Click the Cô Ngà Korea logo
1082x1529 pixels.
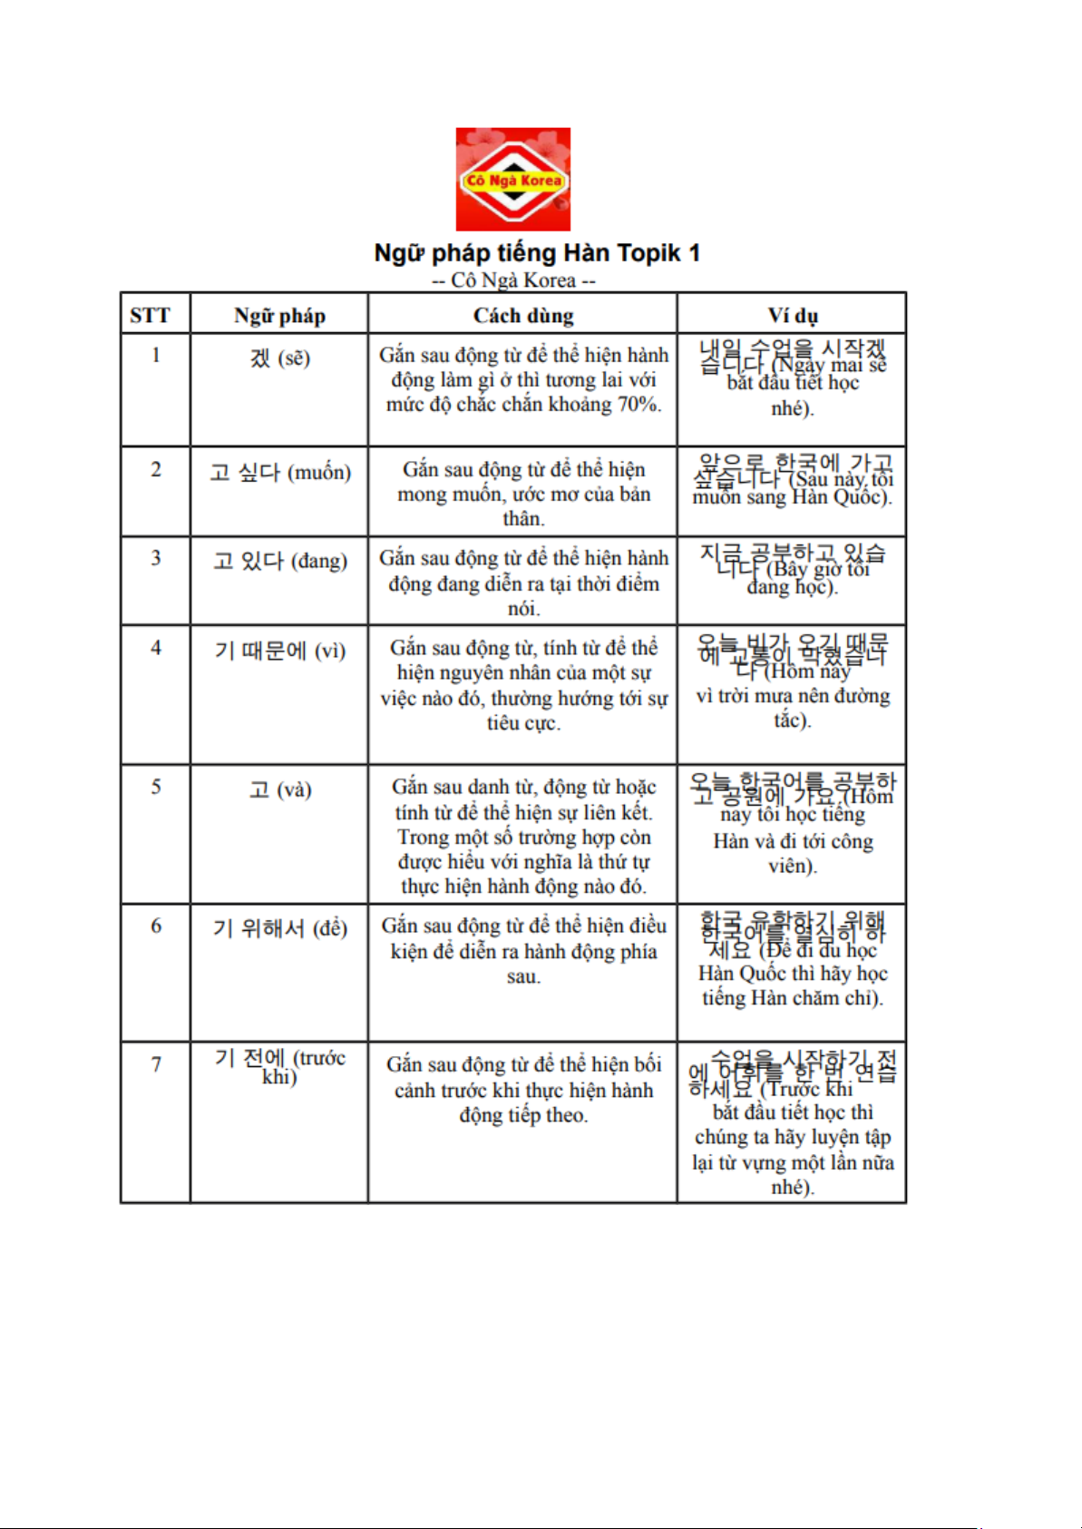tap(512, 179)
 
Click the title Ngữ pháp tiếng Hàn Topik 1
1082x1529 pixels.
tap(537, 252)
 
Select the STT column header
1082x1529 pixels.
tap(150, 316)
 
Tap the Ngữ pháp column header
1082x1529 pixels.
tap(279, 316)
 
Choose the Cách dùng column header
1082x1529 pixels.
tap(523, 316)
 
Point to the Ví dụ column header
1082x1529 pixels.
tap(793, 316)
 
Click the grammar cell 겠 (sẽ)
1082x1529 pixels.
tap(279, 358)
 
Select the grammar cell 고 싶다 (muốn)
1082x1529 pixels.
tap(279, 472)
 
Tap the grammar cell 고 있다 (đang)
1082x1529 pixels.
tap(279, 561)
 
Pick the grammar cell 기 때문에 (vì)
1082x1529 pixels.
tap(279, 651)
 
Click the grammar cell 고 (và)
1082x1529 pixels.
tap(279, 789)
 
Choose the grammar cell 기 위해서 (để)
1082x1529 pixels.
tap(279, 928)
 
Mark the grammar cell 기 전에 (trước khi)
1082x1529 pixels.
tap(279, 1066)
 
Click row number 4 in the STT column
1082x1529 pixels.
tap(156, 648)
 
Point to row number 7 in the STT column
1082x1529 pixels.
tap(156, 1063)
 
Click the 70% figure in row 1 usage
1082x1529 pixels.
tap(638, 405)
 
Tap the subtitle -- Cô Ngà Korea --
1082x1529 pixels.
tap(513, 280)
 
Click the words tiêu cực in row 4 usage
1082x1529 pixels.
tap(523, 723)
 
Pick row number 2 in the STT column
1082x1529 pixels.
tap(156, 469)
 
